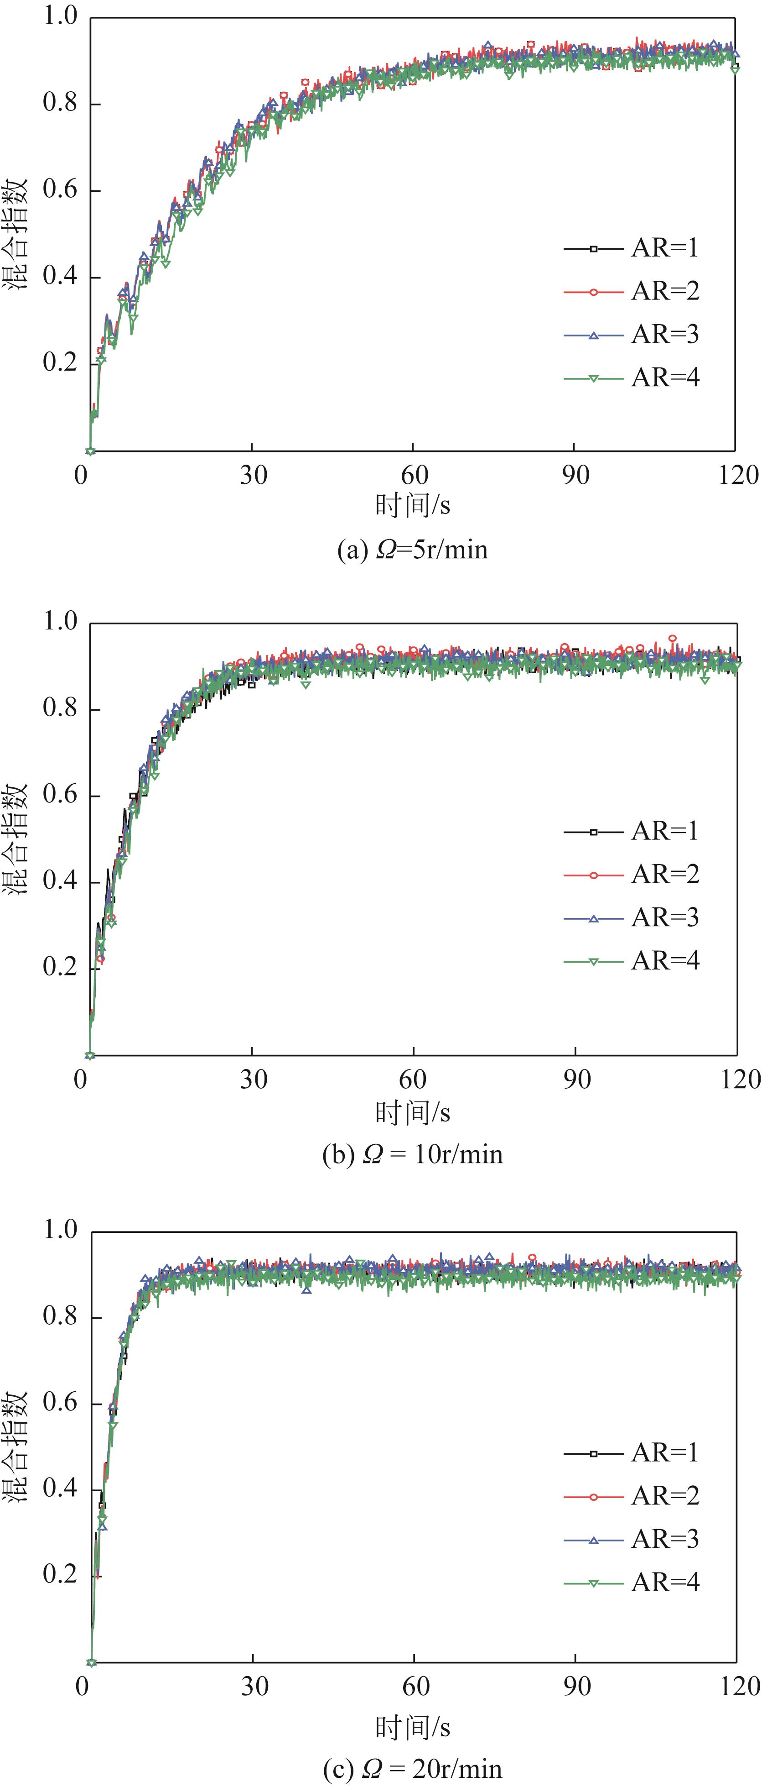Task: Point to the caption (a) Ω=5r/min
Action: [x=413, y=550]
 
